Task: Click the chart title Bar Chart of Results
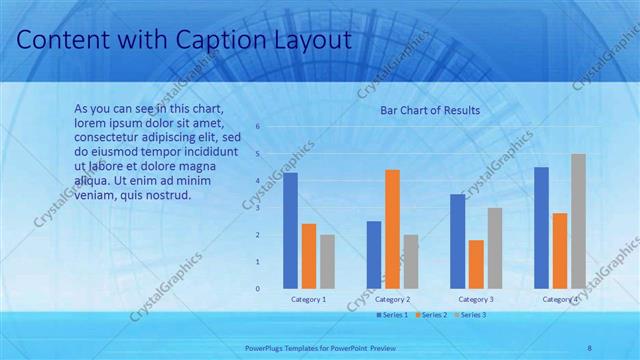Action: tap(430, 110)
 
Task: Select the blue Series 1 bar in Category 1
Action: tap(290, 230)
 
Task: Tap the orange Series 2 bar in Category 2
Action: tap(393, 229)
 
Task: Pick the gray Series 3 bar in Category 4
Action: tap(578, 221)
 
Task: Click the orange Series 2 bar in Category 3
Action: tap(476, 264)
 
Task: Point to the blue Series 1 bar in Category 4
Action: tap(541, 227)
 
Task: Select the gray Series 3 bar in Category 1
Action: tap(327, 261)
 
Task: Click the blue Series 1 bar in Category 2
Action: tap(374, 254)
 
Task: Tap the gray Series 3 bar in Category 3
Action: tap(495, 248)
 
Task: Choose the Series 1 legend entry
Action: tap(391, 315)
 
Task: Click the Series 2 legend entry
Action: tap(431, 315)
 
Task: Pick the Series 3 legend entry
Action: tap(470, 315)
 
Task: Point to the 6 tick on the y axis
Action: tap(258, 127)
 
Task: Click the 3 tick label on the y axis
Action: tap(258, 208)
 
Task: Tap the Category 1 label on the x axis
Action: tap(308, 299)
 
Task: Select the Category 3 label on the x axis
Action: tap(476, 299)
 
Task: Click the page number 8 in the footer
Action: tap(589, 347)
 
